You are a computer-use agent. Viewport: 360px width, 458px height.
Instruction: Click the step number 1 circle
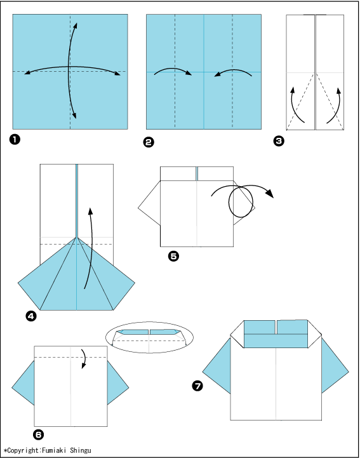point(15,139)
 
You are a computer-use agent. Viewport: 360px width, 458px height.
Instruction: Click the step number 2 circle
point(149,142)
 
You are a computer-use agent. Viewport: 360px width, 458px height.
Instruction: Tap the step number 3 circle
point(279,141)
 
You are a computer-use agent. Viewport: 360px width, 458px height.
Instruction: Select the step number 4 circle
point(31,316)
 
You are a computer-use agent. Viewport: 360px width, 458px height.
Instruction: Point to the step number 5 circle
point(173,256)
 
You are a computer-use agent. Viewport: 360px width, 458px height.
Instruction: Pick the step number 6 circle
point(38,434)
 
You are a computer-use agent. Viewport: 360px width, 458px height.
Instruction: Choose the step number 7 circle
point(197,386)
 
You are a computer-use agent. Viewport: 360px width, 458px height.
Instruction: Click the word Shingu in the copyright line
point(81,450)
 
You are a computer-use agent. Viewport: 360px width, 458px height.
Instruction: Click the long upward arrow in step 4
point(91,248)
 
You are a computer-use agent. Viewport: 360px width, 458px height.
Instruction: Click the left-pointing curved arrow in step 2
point(233,71)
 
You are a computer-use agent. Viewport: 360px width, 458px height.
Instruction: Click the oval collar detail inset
point(149,337)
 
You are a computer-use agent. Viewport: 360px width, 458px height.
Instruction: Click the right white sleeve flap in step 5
point(244,205)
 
